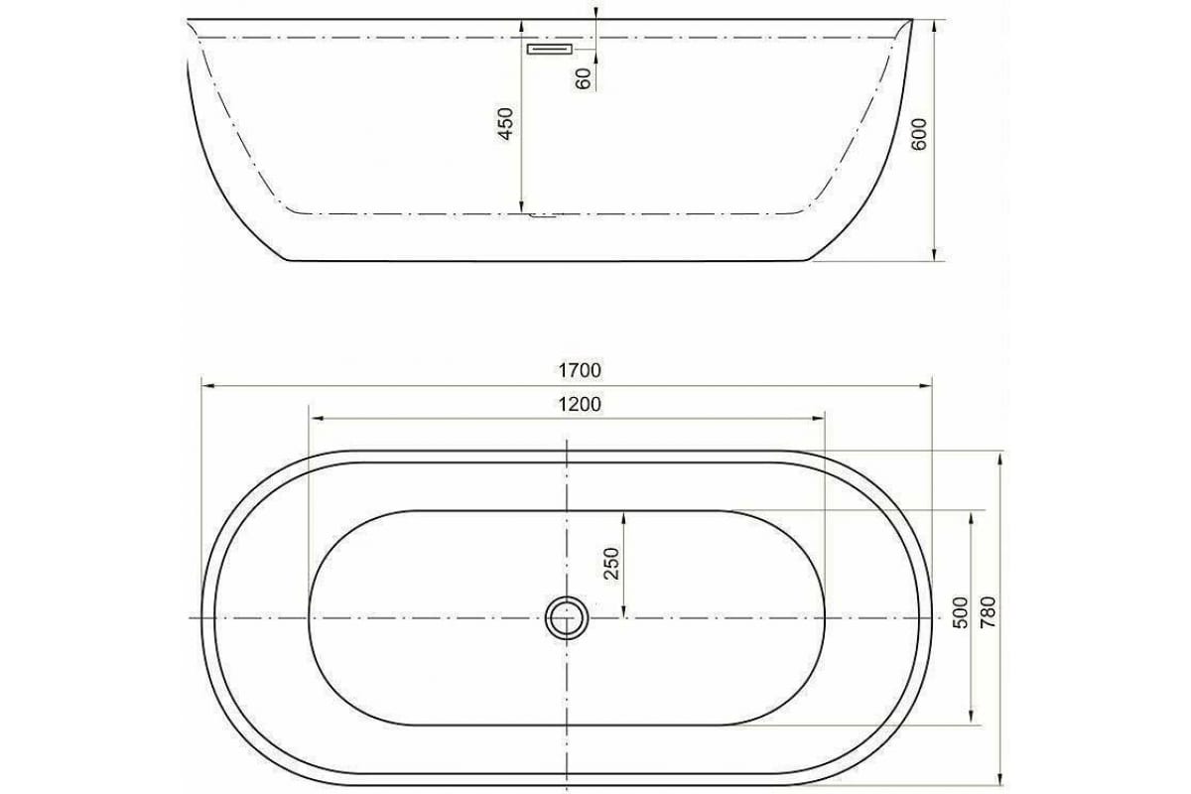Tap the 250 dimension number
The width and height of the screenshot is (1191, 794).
point(611,563)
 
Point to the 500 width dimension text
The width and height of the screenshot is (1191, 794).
point(959,616)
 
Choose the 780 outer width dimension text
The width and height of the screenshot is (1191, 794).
point(988,616)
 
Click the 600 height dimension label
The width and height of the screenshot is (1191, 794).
point(918,134)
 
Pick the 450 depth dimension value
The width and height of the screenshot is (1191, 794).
point(505,123)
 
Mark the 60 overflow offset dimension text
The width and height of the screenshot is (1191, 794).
point(584,77)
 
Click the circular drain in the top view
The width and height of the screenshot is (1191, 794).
point(567,617)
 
